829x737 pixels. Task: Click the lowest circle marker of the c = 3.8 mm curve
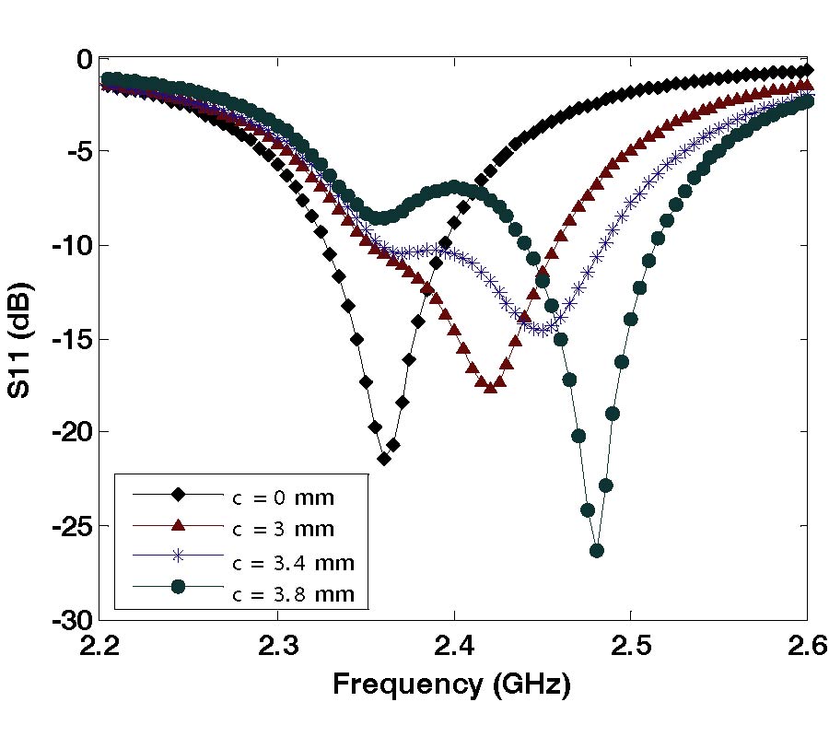(x=597, y=550)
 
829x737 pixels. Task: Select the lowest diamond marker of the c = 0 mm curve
(x=384, y=458)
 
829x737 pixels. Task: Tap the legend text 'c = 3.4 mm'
(x=289, y=561)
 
